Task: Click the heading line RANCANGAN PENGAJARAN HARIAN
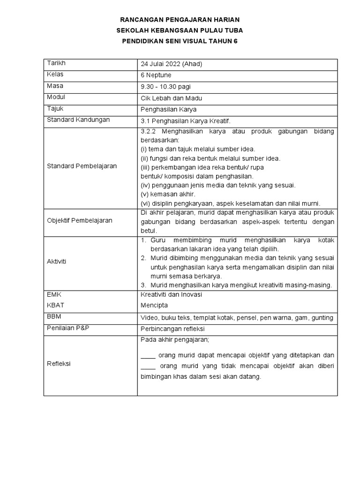coord(180,20)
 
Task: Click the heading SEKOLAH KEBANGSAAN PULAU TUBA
coord(180,30)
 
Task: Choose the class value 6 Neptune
coord(156,75)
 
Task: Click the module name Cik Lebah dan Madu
coord(171,98)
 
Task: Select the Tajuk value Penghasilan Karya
coord(169,109)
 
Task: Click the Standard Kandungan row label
coord(78,120)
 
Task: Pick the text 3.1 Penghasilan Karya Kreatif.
coord(186,120)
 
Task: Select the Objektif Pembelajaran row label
coord(80,220)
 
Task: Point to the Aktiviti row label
coord(57,261)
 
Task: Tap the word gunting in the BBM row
coord(322,318)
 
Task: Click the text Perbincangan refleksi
coord(172,329)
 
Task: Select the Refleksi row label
coord(59,364)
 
